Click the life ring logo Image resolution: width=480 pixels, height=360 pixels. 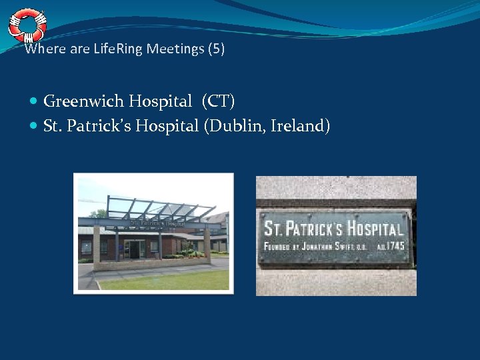(27, 25)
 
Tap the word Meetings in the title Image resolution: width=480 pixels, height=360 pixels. (176, 49)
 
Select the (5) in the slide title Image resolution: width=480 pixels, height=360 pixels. (216, 49)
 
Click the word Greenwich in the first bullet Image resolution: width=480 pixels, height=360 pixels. (83, 101)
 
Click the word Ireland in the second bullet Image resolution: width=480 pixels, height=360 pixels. (299, 125)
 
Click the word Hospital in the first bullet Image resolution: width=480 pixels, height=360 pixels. (160, 101)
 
